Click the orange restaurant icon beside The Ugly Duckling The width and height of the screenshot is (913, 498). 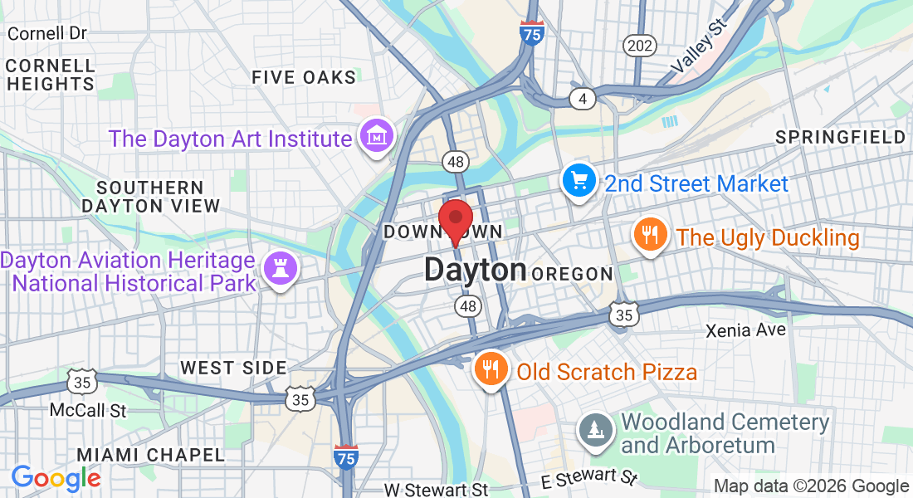click(x=650, y=235)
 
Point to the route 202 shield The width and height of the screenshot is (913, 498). click(x=640, y=46)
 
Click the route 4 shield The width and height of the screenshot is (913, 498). click(x=583, y=100)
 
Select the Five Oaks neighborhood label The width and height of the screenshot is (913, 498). click(x=304, y=77)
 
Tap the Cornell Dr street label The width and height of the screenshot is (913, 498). click(x=46, y=34)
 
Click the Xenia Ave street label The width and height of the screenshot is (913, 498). click(x=745, y=330)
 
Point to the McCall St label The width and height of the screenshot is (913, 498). click(x=88, y=410)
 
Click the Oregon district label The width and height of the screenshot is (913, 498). click(x=573, y=274)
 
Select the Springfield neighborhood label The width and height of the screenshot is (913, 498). click(x=840, y=137)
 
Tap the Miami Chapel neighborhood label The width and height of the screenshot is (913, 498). click(x=150, y=454)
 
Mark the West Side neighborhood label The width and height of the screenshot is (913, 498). click(x=233, y=368)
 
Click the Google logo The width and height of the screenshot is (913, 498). click(x=56, y=478)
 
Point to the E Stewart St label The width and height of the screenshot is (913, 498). click(x=588, y=478)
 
